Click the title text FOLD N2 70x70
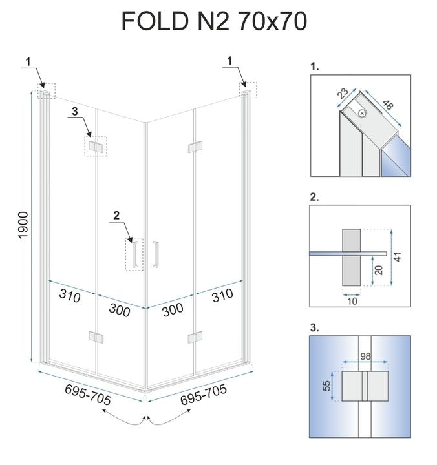pos(214,21)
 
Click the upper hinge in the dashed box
pos(96,146)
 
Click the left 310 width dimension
pos(69,298)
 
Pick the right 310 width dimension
pos(221,298)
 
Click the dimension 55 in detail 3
pos(328,386)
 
